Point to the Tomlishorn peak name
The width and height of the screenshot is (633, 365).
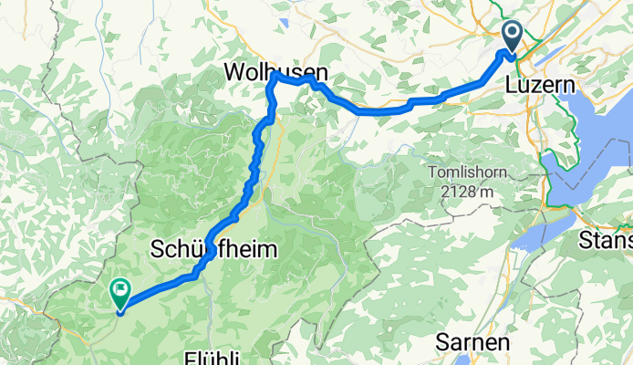pyautogui.click(x=463, y=172)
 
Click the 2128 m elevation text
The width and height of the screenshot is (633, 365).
pyautogui.click(x=463, y=191)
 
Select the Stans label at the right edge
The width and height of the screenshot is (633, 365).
pyautogui.click(x=606, y=241)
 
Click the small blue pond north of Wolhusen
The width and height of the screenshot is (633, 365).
pyautogui.click(x=285, y=22)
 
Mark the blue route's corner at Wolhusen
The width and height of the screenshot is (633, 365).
pyautogui.click(x=274, y=79)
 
